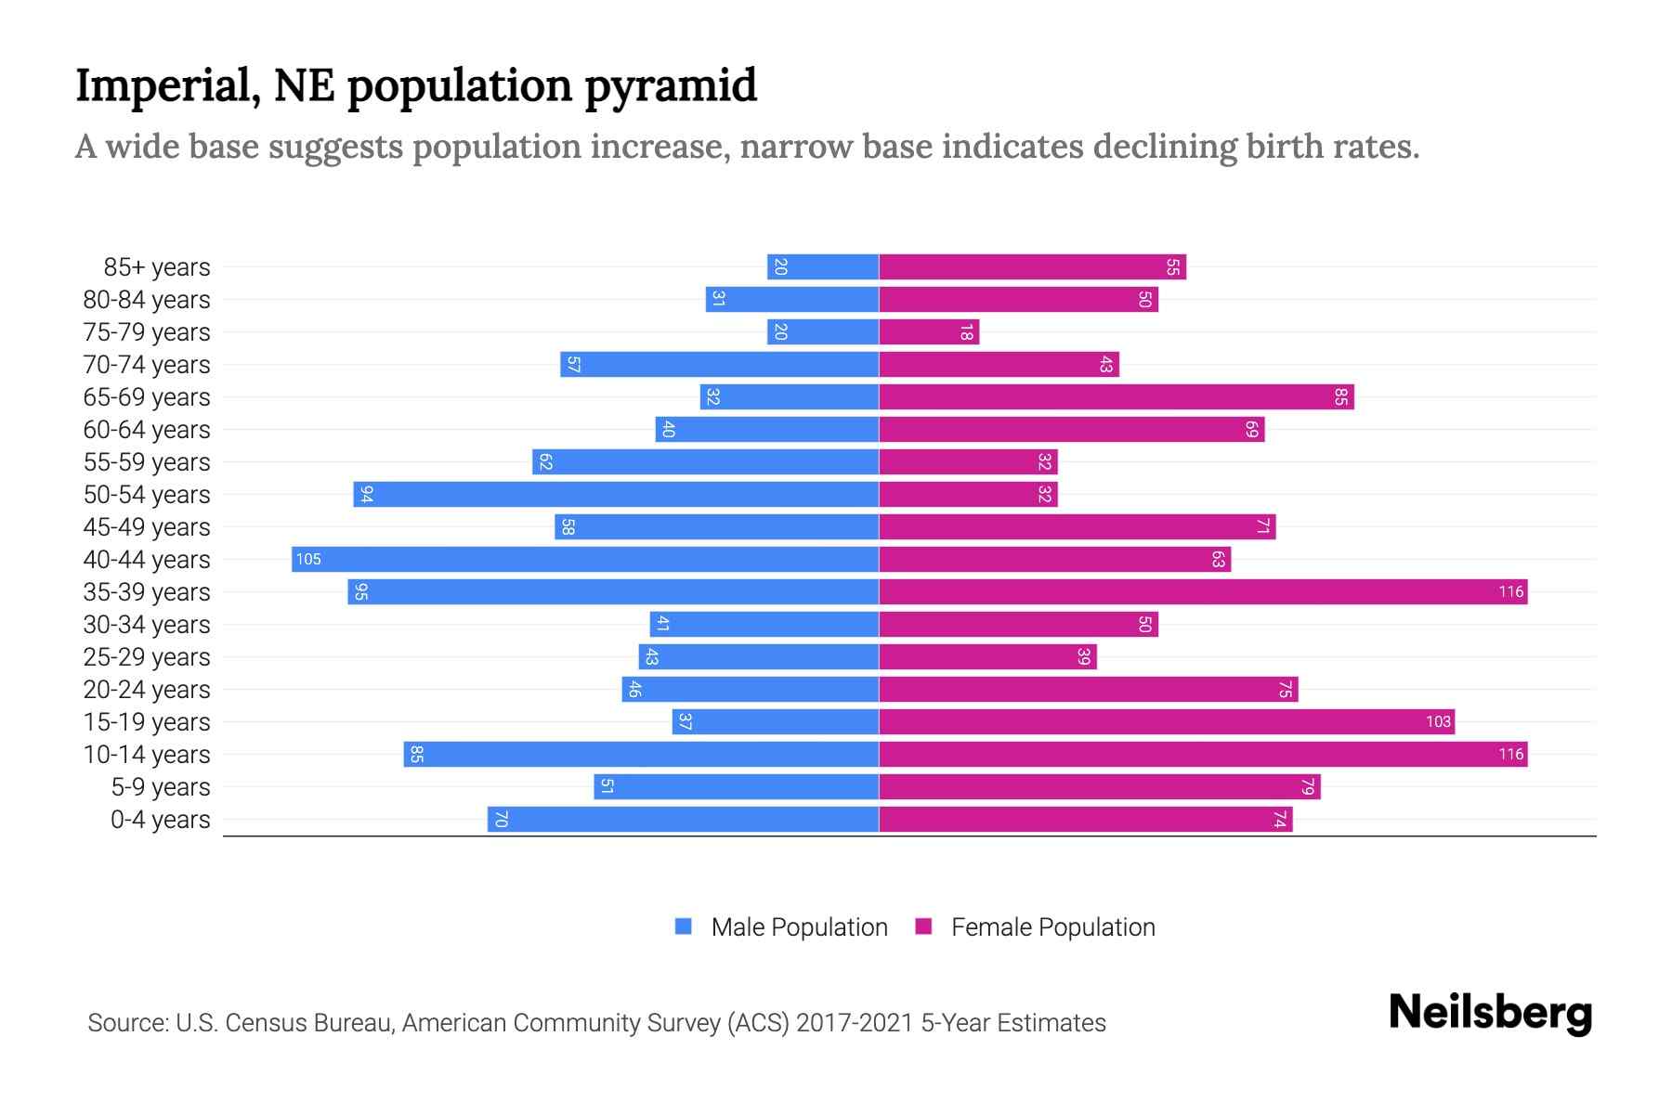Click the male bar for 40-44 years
click(585, 559)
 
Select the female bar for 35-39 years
click(1203, 591)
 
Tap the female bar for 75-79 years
click(929, 331)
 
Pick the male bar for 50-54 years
click(616, 494)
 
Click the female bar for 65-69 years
click(1117, 396)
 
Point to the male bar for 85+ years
click(823, 266)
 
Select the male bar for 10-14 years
click(641, 754)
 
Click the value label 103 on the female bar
click(1438, 721)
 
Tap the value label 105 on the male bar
click(308, 559)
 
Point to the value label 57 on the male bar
click(573, 364)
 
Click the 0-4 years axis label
click(160, 820)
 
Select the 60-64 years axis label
click(147, 430)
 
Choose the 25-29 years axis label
click(147, 657)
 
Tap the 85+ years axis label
click(157, 267)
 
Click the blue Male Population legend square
click(684, 926)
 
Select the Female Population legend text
click(1052, 926)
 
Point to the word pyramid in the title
click(671, 85)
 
